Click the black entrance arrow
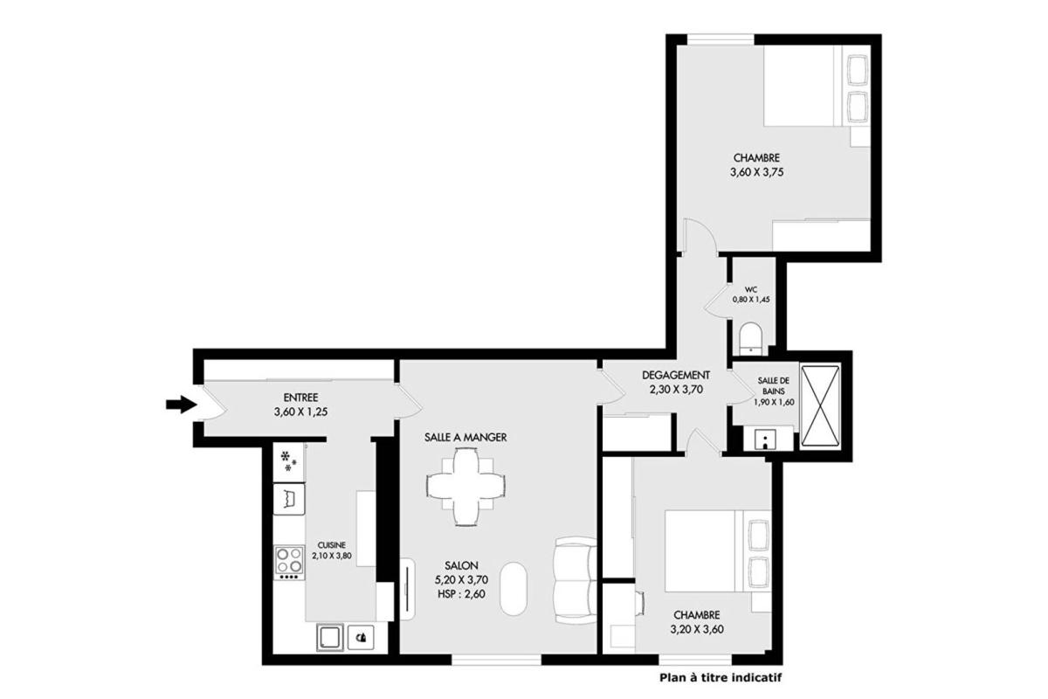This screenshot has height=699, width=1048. pos(182,405)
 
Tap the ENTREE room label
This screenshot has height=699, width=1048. pos(300,398)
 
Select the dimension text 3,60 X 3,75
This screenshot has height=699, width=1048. pos(756,172)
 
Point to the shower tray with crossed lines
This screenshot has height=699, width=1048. pos(820,405)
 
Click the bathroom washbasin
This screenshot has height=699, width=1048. pos(765,439)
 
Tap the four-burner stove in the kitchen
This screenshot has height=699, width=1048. pos(289,564)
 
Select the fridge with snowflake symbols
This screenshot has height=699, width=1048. pos(289,462)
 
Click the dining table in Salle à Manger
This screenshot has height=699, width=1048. pos(465,487)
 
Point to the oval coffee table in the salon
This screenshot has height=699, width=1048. pos(514,589)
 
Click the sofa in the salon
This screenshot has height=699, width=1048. pos(575,580)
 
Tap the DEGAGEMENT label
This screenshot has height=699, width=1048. pos(676,375)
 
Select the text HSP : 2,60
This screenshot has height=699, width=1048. pos(461,594)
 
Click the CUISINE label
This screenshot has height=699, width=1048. pos(332,545)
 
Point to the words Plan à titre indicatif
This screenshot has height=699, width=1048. pos(720,677)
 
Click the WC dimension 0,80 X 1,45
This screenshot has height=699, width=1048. pos(751,299)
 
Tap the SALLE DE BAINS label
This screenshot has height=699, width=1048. pos(774,386)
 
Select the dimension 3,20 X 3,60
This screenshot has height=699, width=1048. pos(697,629)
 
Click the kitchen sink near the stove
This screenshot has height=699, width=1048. pos(289,499)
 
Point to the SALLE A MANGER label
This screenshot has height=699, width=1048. pos(465,437)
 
